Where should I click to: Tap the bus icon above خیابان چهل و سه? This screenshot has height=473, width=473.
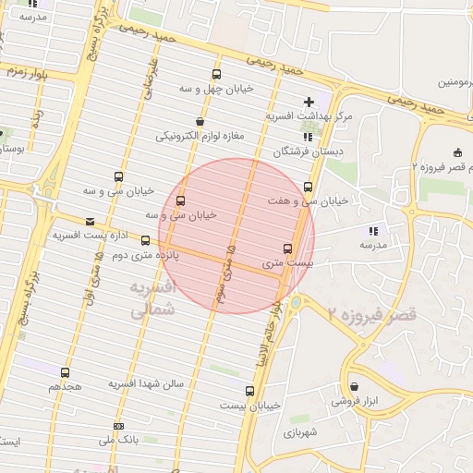pyautogui.click(x=216, y=75)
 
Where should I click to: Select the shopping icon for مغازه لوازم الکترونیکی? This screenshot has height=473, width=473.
pyautogui.click(x=200, y=122)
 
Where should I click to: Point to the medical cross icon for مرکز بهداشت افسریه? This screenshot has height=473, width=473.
pyautogui.click(x=309, y=101)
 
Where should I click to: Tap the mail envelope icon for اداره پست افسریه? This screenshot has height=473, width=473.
pyautogui.click(x=90, y=222)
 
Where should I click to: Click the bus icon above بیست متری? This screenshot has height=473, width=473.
pyautogui.click(x=287, y=249)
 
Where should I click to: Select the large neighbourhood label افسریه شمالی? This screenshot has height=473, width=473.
pyautogui.click(x=150, y=300)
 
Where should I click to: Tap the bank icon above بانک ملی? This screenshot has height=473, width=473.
pyautogui.click(x=118, y=426)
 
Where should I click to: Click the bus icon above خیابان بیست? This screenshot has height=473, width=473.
pyautogui.click(x=249, y=391)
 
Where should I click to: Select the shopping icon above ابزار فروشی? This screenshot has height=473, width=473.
pyautogui.click(x=355, y=386)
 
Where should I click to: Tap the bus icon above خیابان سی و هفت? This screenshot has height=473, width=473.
pyautogui.click(x=308, y=186)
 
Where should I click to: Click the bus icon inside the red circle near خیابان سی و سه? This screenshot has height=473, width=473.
pyautogui.click(x=179, y=200)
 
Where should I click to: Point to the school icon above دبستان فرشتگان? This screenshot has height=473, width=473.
pyautogui.click(x=308, y=137)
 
